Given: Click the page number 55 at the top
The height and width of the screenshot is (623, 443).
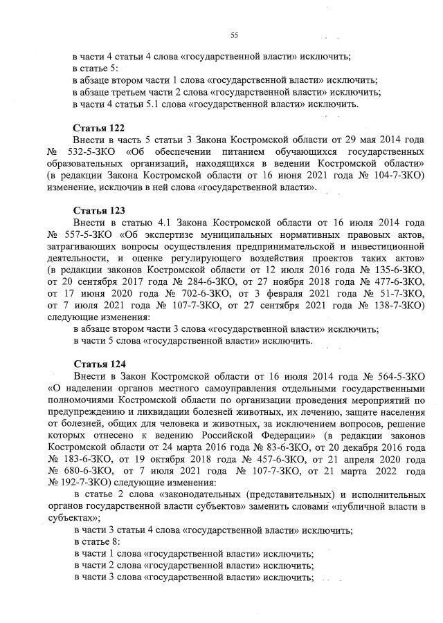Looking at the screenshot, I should pyautogui.click(x=234, y=35).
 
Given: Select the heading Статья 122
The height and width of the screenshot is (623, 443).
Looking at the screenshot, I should pyautogui.click(x=97, y=129).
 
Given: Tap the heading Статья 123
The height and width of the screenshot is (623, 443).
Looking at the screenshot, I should pyautogui.click(x=97, y=210).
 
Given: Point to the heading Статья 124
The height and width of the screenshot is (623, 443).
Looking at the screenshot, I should pyautogui.click(x=97, y=363).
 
